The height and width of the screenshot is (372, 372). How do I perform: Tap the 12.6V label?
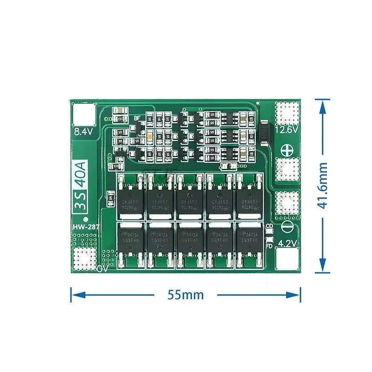tap(286, 131)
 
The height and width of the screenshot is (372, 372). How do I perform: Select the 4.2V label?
tap(287, 242)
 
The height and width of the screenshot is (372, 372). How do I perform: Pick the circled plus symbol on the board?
tap(286, 150)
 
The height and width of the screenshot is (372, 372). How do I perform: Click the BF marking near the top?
tap(137, 118)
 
